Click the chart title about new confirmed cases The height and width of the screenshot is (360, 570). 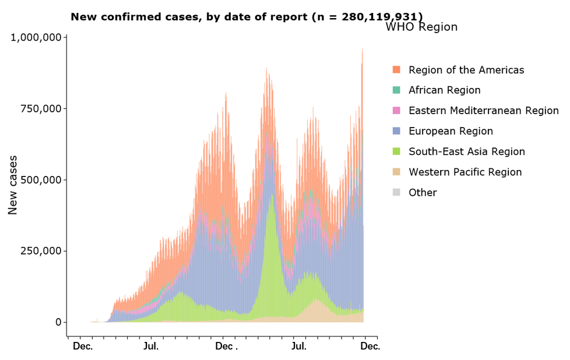point(247,17)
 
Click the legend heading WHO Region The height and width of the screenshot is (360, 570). point(421,27)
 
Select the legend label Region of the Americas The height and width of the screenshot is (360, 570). point(466,70)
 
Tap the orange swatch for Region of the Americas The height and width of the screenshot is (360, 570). point(396,70)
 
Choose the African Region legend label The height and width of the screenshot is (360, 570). point(444,90)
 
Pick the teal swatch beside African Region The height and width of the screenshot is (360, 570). point(396,90)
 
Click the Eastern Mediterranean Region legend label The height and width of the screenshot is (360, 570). point(483,111)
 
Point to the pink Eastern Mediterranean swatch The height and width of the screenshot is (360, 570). point(396,111)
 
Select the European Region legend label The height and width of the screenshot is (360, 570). point(451,131)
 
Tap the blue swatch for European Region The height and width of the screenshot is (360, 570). point(396,131)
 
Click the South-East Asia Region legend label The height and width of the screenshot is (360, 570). point(466,151)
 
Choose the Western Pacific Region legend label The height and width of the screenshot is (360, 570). point(465,172)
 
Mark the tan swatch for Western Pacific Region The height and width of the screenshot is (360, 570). point(396,172)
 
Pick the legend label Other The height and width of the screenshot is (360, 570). point(423,192)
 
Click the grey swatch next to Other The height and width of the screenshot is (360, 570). point(396,192)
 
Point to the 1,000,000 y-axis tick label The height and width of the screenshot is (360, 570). point(36,38)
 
